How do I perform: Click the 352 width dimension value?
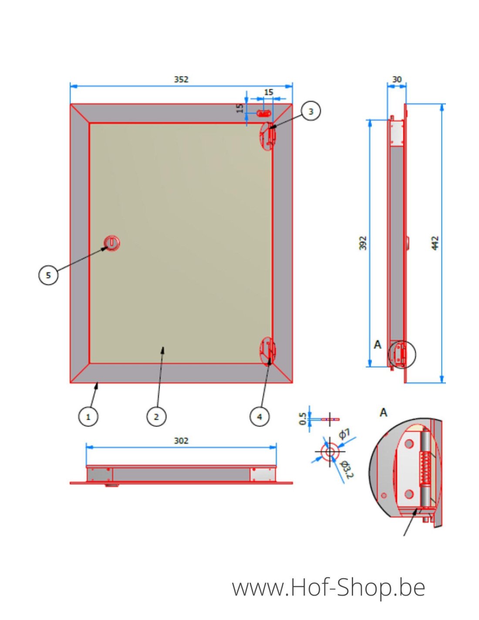coord(181,79)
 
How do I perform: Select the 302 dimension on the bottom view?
coord(181,441)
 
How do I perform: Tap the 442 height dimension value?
coord(435,243)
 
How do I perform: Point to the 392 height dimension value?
coord(363,243)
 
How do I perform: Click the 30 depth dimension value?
coord(397,79)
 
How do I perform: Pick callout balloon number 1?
coord(88,417)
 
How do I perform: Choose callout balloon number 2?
coord(156,417)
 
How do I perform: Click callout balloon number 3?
coord(310,112)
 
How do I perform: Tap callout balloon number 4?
coord(260,417)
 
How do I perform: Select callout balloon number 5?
coord(48,275)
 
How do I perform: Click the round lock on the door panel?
coord(112,243)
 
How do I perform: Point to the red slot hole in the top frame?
coord(264,113)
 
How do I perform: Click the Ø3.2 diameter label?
coord(347,469)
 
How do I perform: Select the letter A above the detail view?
coord(383,412)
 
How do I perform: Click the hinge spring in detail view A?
coord(425,469)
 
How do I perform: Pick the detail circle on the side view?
coord(402,354)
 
